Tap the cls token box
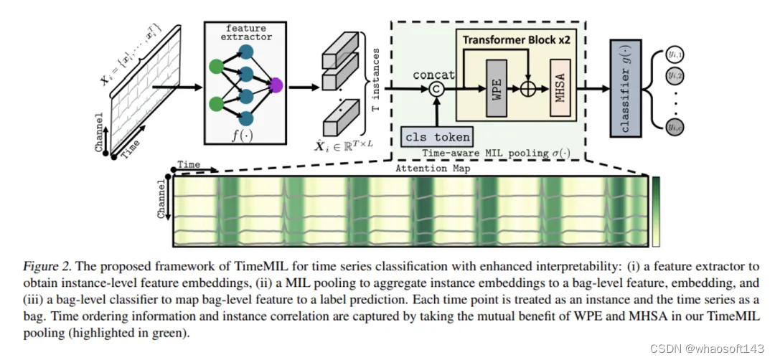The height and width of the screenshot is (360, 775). tap(437, 136)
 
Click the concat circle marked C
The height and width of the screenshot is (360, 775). tap(435, 90)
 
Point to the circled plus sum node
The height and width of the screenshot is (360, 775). tap(528, 90)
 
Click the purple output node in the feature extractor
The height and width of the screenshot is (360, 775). tap(275, 86)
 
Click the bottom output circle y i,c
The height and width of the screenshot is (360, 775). tap(675, 128)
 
